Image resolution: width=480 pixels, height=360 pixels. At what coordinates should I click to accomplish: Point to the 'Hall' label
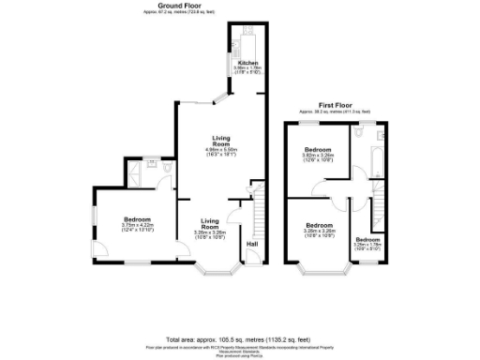[x=251, y=245]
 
